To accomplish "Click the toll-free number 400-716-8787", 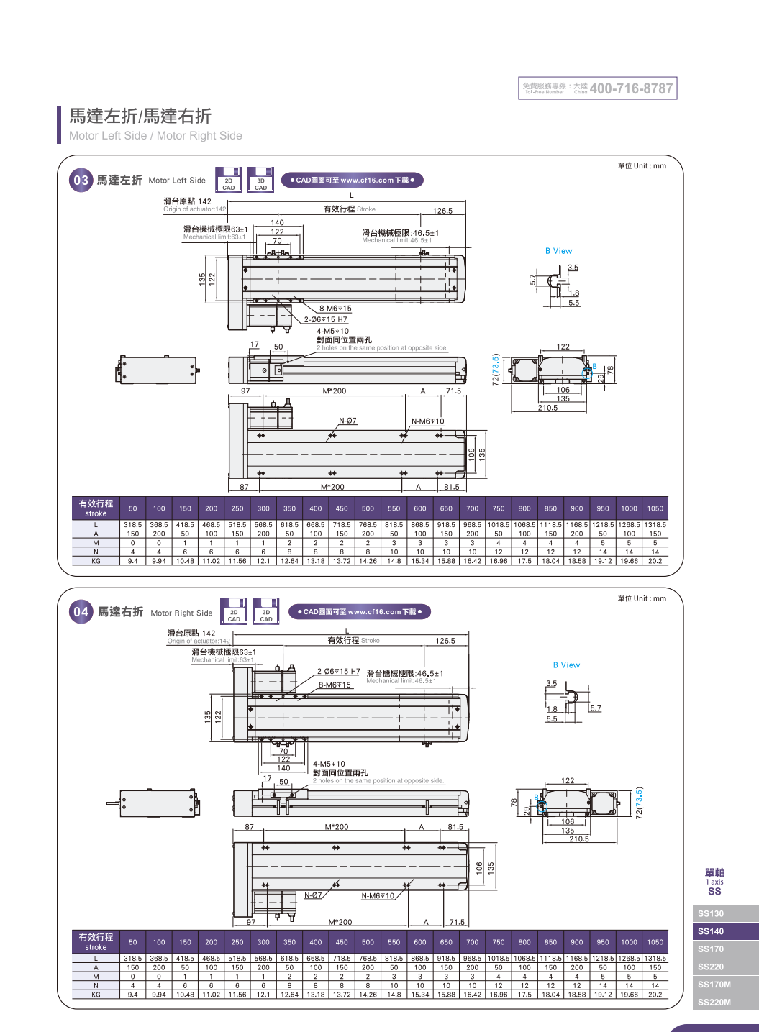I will [631, 88].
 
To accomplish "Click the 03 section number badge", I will [81, 181].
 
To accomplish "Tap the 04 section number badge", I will [81, 612].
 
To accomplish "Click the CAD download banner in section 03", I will [352, 181].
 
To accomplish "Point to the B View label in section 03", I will [559, 251].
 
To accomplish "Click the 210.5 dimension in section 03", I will [547, 408].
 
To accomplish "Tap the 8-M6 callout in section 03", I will [335, 309].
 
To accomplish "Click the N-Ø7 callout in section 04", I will [313, 895].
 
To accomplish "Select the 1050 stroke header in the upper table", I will [655, 508].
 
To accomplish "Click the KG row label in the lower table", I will [96, 995].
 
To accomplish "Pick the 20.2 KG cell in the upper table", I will [655, 561].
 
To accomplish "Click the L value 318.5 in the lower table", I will [133, 958].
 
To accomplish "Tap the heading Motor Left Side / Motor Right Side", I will [155, 135].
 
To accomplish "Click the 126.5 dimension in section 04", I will [445, 641].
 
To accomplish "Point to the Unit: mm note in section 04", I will [642, 598].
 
